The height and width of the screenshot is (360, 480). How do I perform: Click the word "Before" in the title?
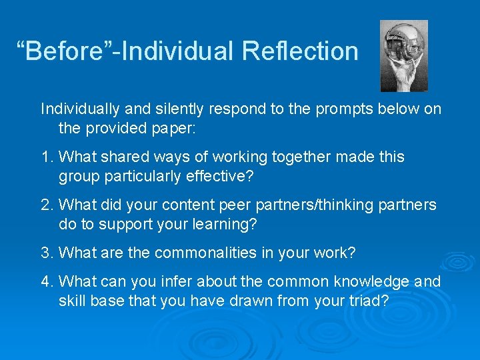(63, 51)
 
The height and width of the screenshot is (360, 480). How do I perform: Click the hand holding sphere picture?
(403, 55)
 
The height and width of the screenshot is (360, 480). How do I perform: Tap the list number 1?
(45, 157)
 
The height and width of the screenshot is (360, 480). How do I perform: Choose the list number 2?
(45, 205)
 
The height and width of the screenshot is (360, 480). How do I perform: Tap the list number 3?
(45, 253)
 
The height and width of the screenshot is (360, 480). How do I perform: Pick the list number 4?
(45, 282)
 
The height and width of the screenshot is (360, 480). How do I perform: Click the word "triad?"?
(367, 300)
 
